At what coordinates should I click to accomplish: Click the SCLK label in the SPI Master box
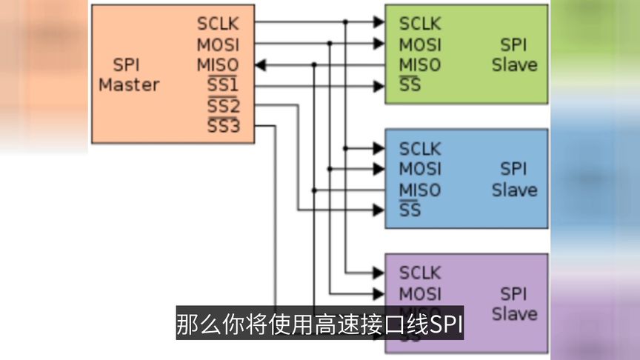coord(219,23)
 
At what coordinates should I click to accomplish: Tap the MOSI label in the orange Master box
coord(219,44)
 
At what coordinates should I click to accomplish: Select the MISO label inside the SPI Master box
coord(219,65)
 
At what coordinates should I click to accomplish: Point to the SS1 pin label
coord(224,85)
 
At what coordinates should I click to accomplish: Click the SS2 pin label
coord(224,106)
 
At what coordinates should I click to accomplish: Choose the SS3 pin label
coord(224,127)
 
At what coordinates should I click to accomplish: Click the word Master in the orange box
coord(129,84)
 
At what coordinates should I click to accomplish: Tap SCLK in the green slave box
coord(420,23)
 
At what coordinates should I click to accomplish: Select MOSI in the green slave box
coord(420,44)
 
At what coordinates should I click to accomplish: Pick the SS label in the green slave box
coord(410,85)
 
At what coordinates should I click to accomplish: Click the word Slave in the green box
coord(514,64)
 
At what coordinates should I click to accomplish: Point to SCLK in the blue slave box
coord(420,148)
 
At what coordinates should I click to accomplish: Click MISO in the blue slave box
coord(420,190)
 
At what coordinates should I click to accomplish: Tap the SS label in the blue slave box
coord(410,210)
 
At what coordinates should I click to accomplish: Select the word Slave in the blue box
coord(514,190)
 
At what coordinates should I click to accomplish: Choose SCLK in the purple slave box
coord(420,273)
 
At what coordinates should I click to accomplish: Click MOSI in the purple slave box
coord(420,293)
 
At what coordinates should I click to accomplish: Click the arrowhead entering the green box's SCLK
coord(379,23)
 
